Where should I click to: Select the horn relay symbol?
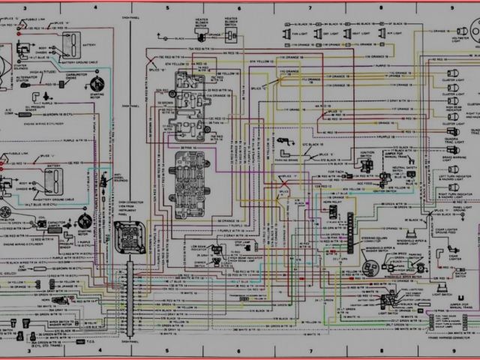(333, 212)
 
